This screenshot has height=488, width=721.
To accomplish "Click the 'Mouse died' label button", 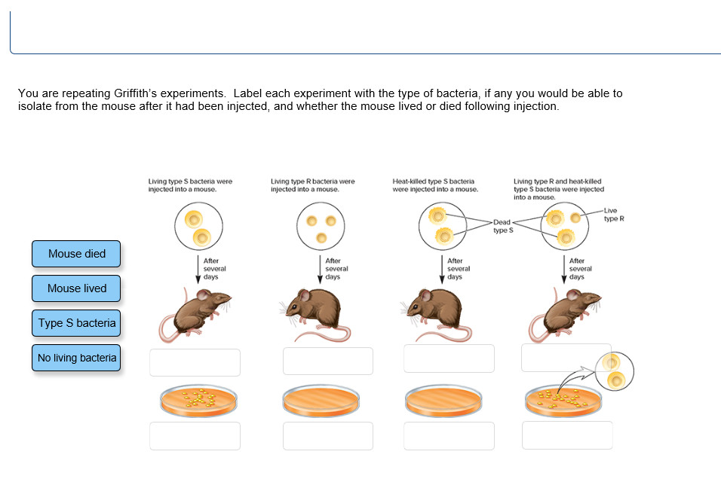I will click(76, 254).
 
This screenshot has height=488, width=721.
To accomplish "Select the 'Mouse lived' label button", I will click(76, 288).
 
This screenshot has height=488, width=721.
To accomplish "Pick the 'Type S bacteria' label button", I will click(76, 323).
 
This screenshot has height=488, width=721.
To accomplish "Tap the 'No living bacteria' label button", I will click(76, 358).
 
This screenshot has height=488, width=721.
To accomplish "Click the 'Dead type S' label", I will click(502, 226).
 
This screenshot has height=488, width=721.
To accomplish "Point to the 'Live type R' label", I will click(613, 215).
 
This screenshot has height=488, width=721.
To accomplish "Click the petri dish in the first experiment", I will click(195, 400).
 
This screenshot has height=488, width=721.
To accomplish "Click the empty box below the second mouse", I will click(328, 361).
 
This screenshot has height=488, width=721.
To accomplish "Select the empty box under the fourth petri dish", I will click(567, 435).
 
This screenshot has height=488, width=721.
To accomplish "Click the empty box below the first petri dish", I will click(195, 436).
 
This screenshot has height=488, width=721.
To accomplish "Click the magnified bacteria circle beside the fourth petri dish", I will click(614, 371).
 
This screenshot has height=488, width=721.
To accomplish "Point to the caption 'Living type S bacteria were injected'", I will click(190, 185).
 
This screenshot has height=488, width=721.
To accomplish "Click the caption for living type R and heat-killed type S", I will click(559, 189).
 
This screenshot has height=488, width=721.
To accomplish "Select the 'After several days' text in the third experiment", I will click(459, 269).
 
